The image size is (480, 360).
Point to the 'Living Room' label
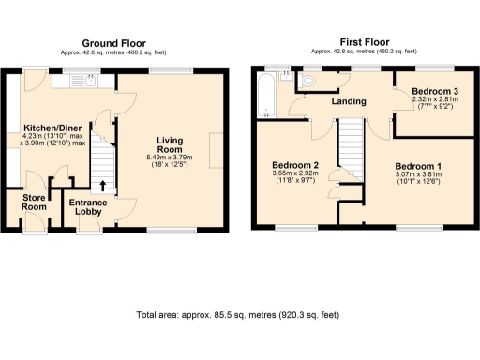[170, 142]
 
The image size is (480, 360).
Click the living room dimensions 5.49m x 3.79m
[170, 160]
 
